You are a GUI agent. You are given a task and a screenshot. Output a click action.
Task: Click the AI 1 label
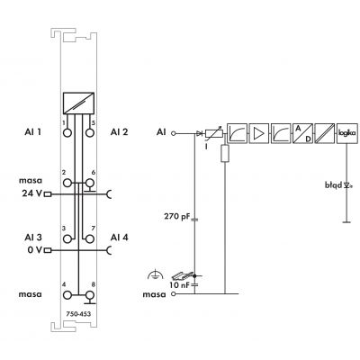(33, 132)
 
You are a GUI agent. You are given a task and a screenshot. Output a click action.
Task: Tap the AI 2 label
(119, 132)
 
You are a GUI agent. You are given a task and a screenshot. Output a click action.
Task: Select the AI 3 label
(33, 238)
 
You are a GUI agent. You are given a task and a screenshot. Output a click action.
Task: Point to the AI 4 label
(119, 238)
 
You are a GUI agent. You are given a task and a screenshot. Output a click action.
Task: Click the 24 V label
(32, 193)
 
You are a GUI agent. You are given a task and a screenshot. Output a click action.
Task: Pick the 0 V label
(35, 249)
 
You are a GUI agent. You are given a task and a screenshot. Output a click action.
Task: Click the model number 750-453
(78, 314)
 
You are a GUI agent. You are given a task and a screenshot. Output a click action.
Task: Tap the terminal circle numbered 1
(68, 132)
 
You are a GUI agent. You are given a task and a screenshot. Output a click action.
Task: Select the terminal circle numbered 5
(89, 132)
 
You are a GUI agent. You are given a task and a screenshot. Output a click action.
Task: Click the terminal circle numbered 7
(89, 238)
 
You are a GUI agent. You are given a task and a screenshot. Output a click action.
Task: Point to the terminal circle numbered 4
(67, 295)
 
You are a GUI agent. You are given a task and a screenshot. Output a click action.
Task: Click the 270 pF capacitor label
(177, 216)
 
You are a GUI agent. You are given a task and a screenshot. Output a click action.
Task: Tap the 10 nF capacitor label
(179, 285)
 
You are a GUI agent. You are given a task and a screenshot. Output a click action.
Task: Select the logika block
(347, 133)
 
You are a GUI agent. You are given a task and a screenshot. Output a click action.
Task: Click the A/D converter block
(303, 133)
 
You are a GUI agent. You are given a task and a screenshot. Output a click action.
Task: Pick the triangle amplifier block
(259, 133)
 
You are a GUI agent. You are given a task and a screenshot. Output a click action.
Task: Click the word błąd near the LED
(333, 185)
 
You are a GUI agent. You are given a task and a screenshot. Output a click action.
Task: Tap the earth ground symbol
(156, 274)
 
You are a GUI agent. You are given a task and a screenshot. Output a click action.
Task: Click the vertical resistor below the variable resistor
(225, 154)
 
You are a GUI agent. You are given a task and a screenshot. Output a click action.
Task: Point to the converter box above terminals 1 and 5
(78, 103)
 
